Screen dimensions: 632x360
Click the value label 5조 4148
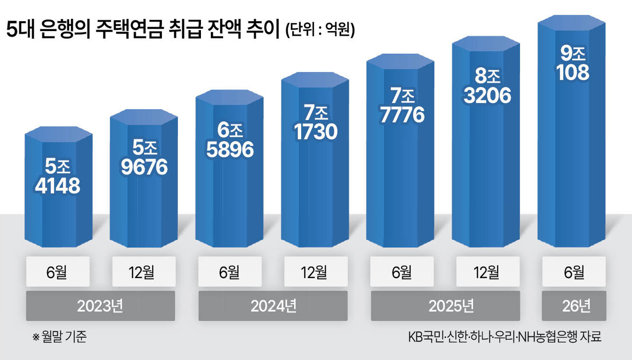pos(58,177)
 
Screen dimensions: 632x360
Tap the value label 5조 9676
pos(144,158)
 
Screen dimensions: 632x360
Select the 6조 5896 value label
pos(230,140)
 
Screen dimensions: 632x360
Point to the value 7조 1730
pos(316,122)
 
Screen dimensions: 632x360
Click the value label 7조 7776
pos(402,105)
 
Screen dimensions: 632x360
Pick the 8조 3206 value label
pos(487,86)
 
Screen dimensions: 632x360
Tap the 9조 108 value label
pos(573,63)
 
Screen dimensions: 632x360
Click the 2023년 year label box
pos(100,306)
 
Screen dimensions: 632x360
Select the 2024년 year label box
pos(273,306)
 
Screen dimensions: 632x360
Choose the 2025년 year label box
pos(445,306)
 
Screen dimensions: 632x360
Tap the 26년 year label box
pos(574,306)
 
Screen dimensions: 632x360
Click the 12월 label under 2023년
pos(144,272)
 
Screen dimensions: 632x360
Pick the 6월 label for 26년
pos(574,272)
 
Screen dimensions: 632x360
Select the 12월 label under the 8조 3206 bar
pos(488,272)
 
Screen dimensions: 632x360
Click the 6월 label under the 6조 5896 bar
pos(230,272)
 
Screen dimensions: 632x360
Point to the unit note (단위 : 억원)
pos(320,30)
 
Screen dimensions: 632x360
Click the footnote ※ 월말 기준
pos(60,336)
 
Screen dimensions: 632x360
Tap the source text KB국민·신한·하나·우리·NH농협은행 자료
pos(505,337)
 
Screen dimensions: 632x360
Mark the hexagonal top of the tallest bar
pos(572,23)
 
